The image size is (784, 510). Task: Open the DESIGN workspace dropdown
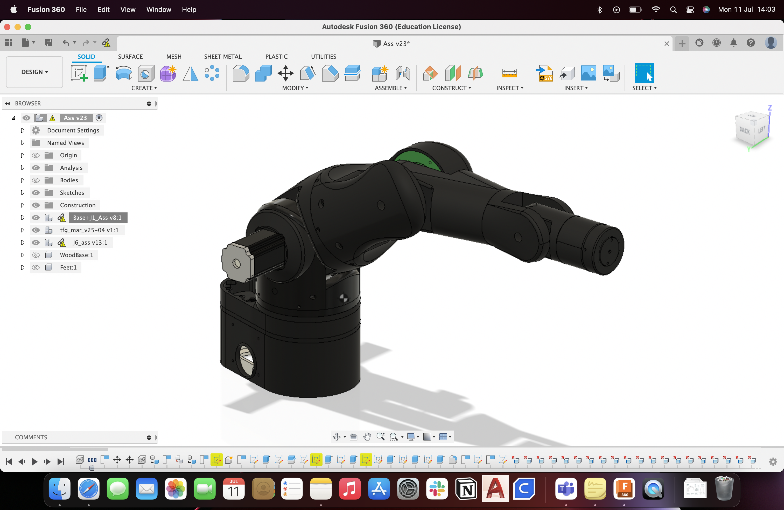tap(34, 72)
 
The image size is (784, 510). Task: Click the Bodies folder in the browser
tap(69, 180)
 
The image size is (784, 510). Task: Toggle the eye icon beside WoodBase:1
tap(36, 255)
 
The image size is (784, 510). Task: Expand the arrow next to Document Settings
tap(22, 130)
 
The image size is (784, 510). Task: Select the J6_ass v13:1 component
tap(90, 243)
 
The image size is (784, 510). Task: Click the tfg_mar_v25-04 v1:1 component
tap(89, 230)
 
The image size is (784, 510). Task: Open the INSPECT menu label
tap(510, 88)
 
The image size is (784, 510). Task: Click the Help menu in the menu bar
tap(189, 10)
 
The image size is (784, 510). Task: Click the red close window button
tap(7, 27)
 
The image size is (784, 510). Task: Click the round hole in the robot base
tap(246, 360)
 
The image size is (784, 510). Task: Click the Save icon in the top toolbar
tap(49, 43)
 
